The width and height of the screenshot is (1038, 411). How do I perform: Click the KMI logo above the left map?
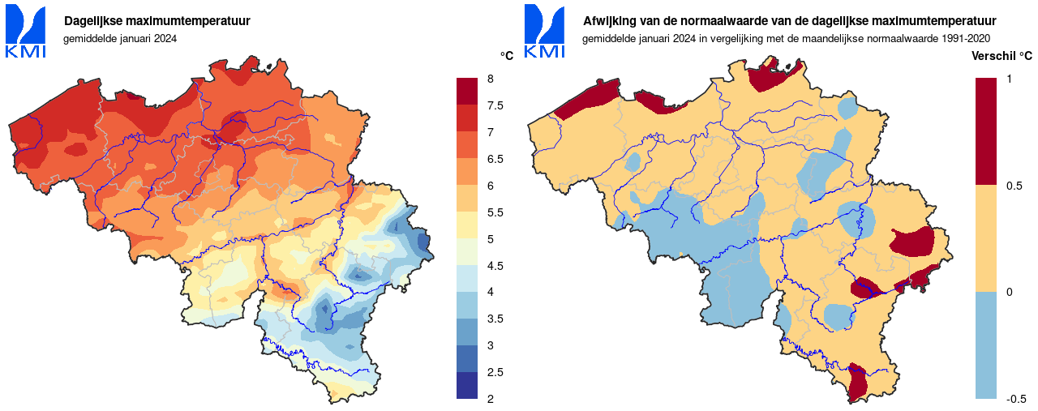click(x=25, y=31)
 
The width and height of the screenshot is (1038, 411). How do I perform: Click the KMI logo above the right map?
click(x=544, y=31)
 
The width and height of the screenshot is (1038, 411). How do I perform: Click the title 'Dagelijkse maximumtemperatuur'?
click(x=157, y=21)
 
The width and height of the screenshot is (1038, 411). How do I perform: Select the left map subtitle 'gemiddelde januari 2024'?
click(x=119, y=38)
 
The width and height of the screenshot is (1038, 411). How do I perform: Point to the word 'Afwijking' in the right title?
click(x=608, y=21)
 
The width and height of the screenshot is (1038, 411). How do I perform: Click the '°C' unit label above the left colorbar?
click(x=507, y=56)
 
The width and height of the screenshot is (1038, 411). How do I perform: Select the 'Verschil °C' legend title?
click(x=1002, y=56)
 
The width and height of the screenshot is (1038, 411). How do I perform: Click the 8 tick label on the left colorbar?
click(x=490, y=79)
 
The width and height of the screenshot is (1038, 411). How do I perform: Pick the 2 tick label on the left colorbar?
click(x=490, y=398)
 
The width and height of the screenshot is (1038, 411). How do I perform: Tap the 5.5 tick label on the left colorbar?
click(x=495, y=212)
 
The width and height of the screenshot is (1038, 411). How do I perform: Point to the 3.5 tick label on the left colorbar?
click(x=495, y=319)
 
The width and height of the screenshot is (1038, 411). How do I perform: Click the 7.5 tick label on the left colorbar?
click(x=495, y=105)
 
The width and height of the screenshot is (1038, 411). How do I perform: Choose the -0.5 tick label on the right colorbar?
click(x=1016, y=398)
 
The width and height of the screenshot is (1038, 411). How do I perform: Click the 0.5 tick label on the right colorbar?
click(x=1014, y=186)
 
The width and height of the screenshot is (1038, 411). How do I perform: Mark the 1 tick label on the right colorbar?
click(x=1009, y=79)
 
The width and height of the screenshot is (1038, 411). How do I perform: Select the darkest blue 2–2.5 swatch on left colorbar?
click(x=468, y=385)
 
